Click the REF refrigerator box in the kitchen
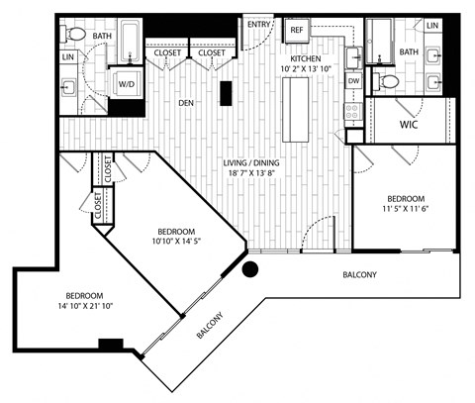click(x=297, y=30)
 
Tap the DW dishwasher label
click(x=353, y=81)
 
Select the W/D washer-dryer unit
click(x=127, y=84)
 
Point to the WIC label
click(x=409, y=125)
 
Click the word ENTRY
click(x=259, y=25)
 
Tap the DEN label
click(x=186, y=103)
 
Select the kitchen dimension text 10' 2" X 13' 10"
click(x=306, y=69)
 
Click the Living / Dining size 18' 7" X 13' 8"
click(x=251, y=173)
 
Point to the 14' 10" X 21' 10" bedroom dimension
click(x=86, y=306)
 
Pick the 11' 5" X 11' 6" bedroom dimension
click(x=406, y=209)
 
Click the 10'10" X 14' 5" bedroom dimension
click(x=176, y=241)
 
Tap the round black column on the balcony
click(x=250, y=269)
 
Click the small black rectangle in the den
click(x=226, y=93)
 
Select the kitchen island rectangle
click(x=296, y=110)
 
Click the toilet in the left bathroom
click(x=73, y=34)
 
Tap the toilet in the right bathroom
click(x=386, y=81)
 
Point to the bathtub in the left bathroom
click(x=131, y=43)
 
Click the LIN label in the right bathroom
click(x=432, y=25)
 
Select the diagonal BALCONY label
click(x=210, y=325)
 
